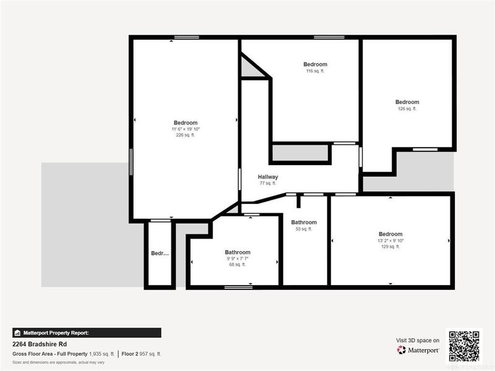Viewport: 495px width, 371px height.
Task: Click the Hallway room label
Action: (x=268, y=177)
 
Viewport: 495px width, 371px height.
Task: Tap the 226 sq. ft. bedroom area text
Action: (x=185, y=135)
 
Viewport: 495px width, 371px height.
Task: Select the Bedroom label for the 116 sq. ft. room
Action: (x=315, y=64)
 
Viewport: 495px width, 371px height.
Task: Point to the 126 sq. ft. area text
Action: (x=407, y=109)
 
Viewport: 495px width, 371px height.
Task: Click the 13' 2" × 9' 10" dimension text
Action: (x=390, y=241)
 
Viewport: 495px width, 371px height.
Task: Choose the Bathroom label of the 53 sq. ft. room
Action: (x=304, y=223)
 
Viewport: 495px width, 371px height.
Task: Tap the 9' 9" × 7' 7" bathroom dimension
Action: (x=238, y=258)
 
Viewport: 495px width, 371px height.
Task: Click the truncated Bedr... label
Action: (x=160, y=254)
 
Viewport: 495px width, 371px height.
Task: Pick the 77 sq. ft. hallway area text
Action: (x=267, y=184)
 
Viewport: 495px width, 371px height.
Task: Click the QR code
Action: (x=464, y=346)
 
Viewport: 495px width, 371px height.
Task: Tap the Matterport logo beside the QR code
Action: (x=418, y=350)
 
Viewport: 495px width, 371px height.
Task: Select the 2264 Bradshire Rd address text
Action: (x=40, y=344)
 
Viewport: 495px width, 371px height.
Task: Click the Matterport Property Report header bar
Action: (x=87, y=333)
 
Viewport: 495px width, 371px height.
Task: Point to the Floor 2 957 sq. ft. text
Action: (x=142, y=354)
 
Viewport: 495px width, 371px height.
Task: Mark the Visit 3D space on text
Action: (x=418, y=340)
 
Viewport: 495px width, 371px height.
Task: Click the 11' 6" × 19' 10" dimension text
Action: (x=186, y=129)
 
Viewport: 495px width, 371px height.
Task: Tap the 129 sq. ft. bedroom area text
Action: (x=390, y=247)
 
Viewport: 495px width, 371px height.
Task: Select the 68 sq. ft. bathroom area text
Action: (x=238, y=265)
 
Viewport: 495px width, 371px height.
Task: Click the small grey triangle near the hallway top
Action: (x=251, y=69)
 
